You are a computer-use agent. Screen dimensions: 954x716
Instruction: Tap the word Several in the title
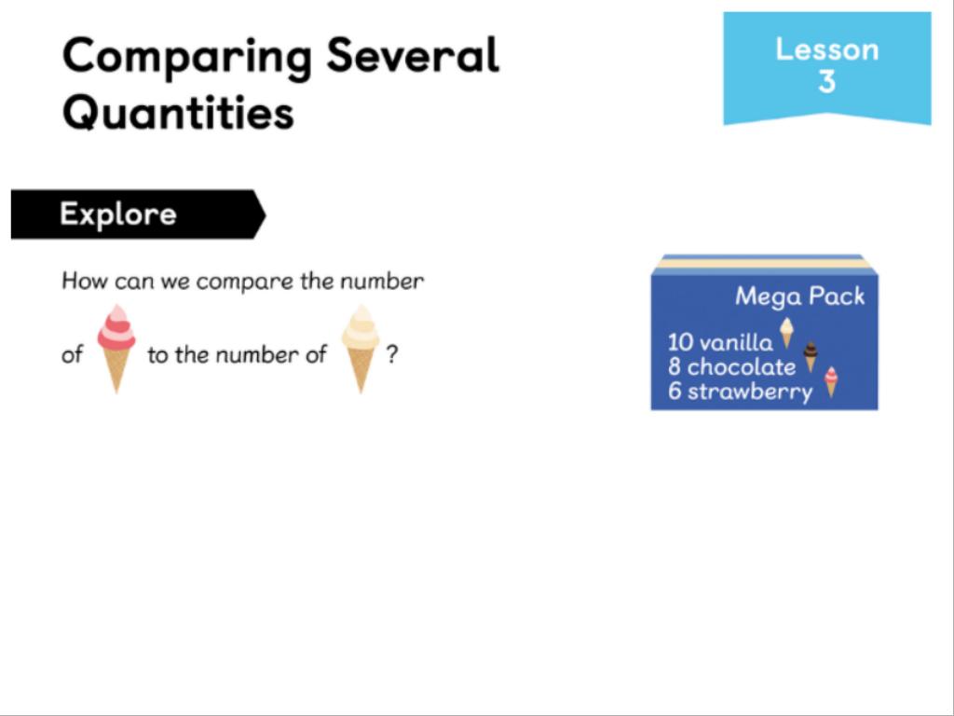[413, 54]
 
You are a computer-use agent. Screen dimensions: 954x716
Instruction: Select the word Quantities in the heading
[178, 113]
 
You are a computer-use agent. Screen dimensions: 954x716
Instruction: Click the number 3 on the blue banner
[827, 81]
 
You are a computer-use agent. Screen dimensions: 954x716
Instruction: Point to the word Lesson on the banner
[827, 49]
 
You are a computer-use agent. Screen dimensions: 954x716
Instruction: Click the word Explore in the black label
[118, 213]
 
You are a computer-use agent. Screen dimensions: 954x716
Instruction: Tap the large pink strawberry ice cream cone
[116, 349]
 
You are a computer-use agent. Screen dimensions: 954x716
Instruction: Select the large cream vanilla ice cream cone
[361, 349]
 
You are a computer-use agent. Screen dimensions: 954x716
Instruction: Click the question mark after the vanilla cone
[392, 353]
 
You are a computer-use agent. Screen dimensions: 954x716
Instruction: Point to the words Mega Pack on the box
[799, 296]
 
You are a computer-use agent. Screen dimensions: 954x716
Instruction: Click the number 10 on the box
[680, 343]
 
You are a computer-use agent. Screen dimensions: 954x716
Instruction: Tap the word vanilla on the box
[736, 342]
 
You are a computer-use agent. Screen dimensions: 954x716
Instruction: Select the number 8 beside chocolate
[675, 367]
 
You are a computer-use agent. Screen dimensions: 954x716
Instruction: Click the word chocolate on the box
[741, 366]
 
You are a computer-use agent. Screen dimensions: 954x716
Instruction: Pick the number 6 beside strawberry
[675, 391]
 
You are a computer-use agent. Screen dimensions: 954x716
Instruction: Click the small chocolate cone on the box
[811, 357]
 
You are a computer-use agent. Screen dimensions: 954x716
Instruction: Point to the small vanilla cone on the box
[786, 333]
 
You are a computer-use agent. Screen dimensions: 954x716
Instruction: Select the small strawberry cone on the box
[831, 382]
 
